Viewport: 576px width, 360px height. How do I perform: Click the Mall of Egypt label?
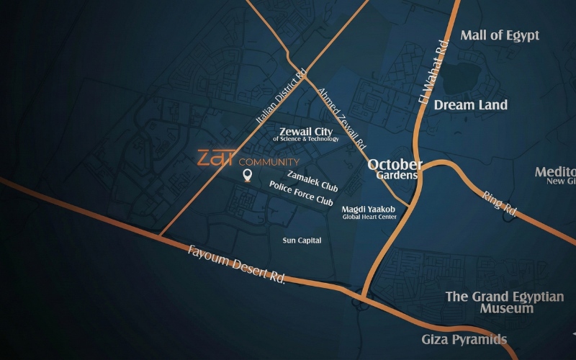tap(500, 35)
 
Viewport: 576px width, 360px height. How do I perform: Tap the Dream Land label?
tap(470, 105)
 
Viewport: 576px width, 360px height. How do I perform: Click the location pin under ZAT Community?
tap(247, 175)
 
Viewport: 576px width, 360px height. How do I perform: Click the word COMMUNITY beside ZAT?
tap(269, 162)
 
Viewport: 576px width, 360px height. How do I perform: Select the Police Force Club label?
tap(301, 192)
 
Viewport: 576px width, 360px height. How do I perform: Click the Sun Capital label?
tap(302, 240)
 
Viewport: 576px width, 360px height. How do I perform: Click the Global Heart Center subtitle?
tap(369, 217)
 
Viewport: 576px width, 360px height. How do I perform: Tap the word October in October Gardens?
tap(395, 164)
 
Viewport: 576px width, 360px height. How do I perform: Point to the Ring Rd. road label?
tap(501, 202)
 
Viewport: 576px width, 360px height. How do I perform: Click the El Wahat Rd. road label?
tap(435, 74)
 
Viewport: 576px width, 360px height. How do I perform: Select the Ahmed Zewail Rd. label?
tap(342, 117)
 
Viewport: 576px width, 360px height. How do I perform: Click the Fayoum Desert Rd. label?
tap(236, 264)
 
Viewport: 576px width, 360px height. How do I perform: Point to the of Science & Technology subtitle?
tap(305, 138)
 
